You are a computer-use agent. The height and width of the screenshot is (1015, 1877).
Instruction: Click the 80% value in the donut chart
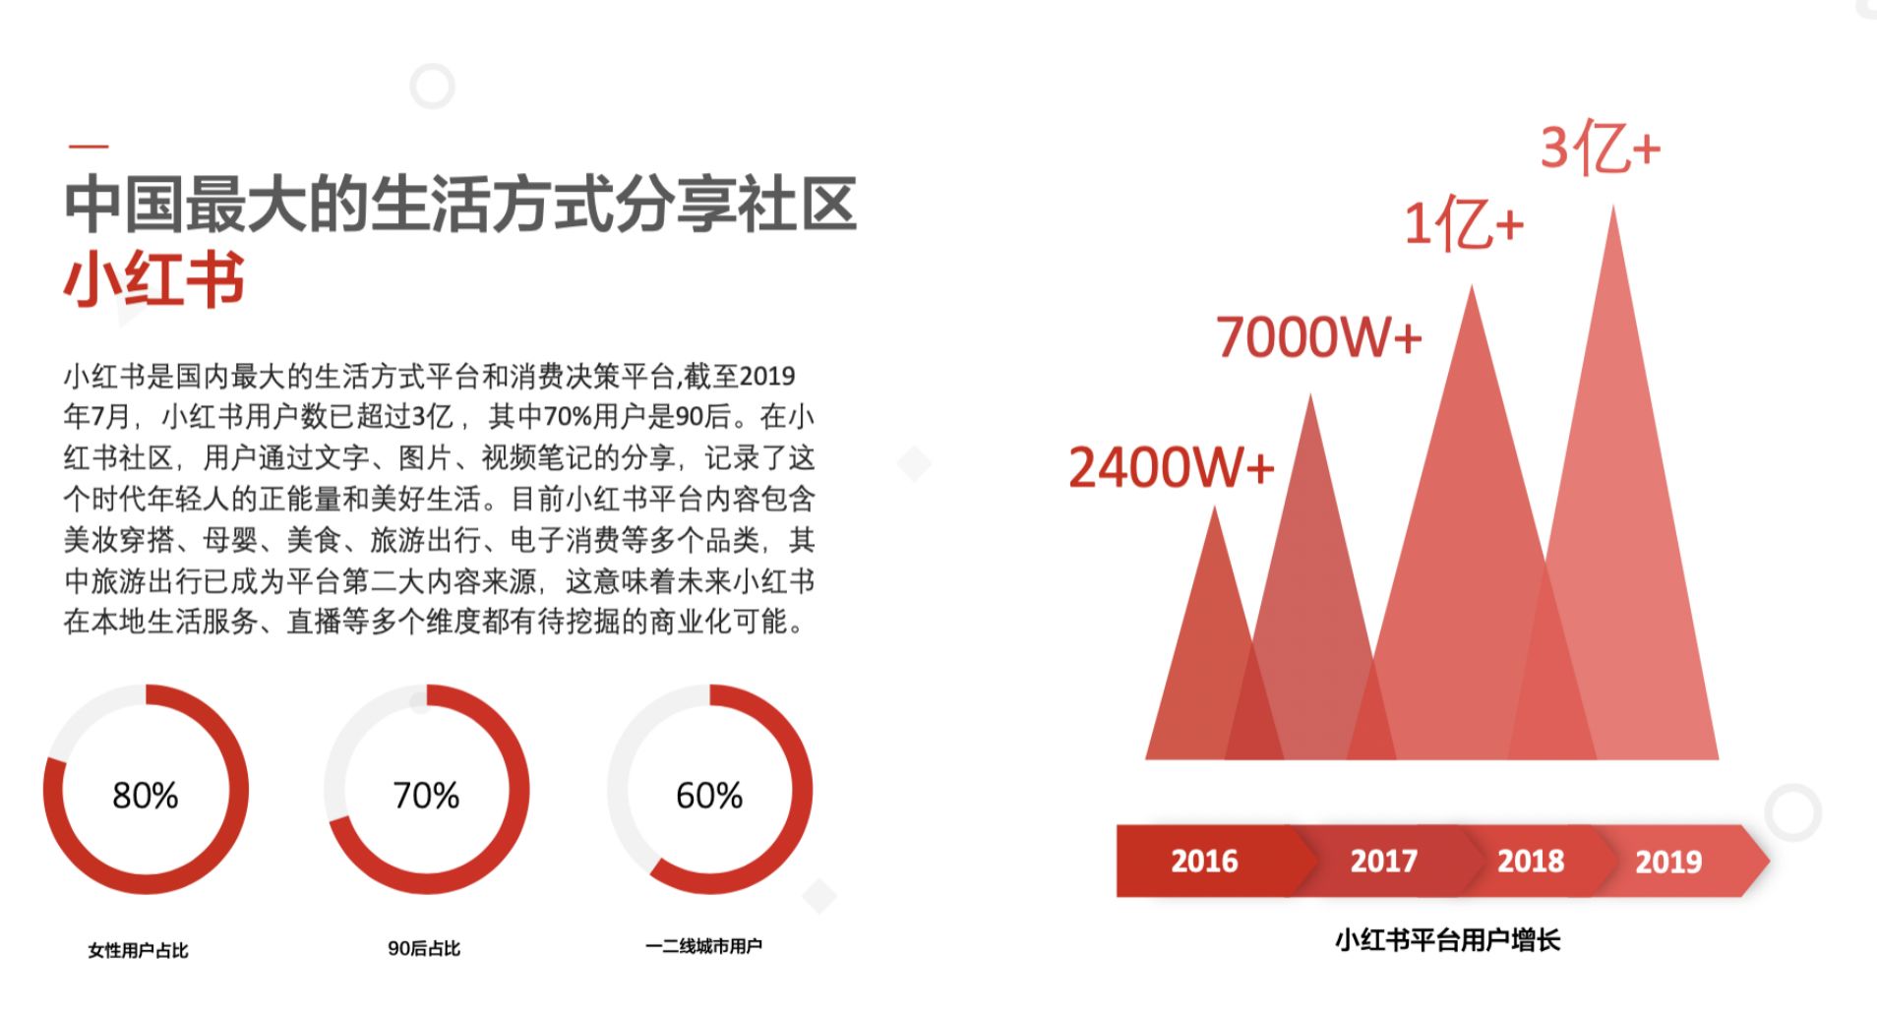pyautogui.click(x=146, y=795)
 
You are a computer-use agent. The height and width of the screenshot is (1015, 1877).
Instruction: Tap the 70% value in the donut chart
pyautogui.click(x=426, y=795)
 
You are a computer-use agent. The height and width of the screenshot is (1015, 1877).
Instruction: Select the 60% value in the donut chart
pyautogui.click(x=709, y=795)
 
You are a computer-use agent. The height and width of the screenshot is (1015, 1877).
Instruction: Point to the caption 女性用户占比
pyautogui.click(x=138, y=950)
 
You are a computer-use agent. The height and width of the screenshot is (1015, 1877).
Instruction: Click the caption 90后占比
pyautogui.click(x=424, y=948)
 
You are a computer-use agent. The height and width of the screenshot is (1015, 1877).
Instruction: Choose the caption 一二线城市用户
pyautogui.click(x=703, y=946)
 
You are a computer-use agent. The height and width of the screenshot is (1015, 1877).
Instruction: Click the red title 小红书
pyautogui.click(x=154, y=280)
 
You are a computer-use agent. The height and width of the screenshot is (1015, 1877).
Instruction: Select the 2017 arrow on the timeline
pyautogui.click(x=1383, y=861)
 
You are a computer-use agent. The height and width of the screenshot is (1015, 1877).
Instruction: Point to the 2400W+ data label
pyautogui.click(x=1171, y=466)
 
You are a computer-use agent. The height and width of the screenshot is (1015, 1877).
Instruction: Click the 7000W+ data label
pyautogui.click(x=1319, y=336)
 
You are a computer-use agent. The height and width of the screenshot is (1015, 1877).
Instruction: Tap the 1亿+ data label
pyautogui.click(x=1464, y=224)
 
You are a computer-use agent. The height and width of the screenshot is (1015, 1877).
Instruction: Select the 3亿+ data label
pyautogui.click(x=1601, y=148)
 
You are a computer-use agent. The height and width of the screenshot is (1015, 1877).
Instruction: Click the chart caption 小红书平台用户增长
pyautogui.click(x=1447, y=940)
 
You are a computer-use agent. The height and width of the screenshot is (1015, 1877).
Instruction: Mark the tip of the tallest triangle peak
pyautogui.click(x=1612, y=207)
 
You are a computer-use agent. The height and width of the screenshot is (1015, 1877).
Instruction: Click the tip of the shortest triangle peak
pyautogui.click(x=1215, y=507)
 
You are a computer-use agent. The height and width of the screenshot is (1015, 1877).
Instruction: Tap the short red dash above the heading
pyautogui.click(x=89, y=147)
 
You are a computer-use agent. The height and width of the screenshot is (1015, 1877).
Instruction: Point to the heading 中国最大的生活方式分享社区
pyautogui.click(x=460, y=204)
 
